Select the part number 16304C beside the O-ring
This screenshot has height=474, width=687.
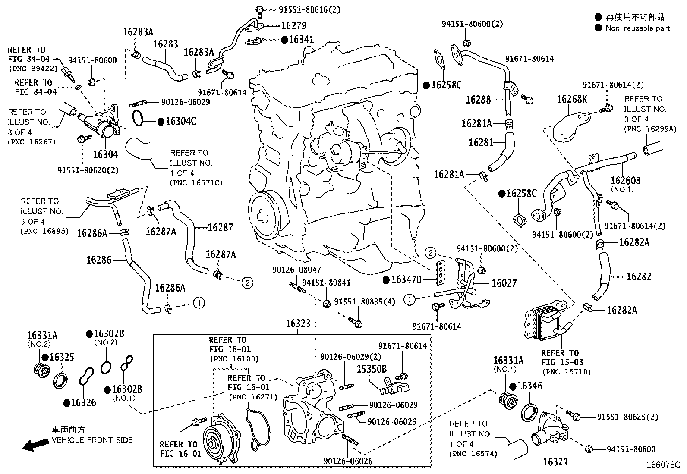181,121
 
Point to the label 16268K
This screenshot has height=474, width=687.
572,99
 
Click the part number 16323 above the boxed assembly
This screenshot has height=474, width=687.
298,323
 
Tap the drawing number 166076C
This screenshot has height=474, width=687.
663,465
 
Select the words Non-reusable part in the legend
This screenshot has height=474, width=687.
638,28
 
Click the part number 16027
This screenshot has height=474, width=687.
504,283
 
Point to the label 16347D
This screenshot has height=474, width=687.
406,280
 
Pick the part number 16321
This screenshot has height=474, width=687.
555,461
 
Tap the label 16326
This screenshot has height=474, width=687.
83,403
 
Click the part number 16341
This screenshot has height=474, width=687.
302,40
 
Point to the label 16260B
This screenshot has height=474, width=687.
625,180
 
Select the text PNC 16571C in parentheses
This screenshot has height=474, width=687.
196,183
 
